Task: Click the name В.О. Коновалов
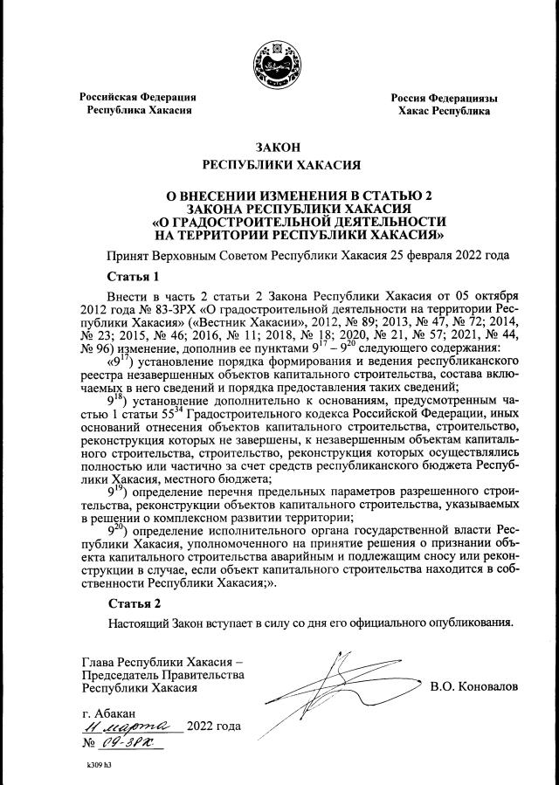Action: pyautogui.click(x=474, y=686)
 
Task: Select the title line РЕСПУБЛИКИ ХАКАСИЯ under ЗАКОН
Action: pyautogui.click(x=279, y=165)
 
